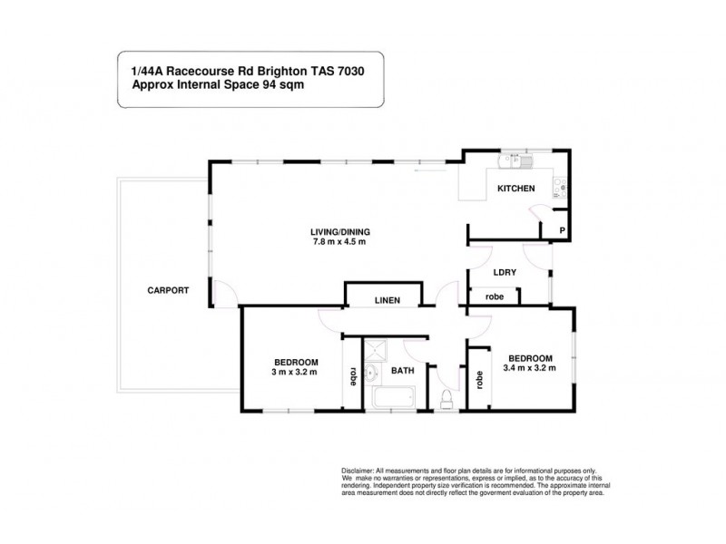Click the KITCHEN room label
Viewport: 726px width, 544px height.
(x=515, y=189)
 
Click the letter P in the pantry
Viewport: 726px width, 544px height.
(x=562, y=232)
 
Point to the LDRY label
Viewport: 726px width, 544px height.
(x=505, y=271)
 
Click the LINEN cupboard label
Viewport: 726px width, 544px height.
(x=382, y=300)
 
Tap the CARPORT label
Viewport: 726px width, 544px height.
(x=168, y=291)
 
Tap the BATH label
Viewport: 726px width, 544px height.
(x=402, y=371)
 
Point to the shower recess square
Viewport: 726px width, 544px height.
(x=376, y=349)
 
